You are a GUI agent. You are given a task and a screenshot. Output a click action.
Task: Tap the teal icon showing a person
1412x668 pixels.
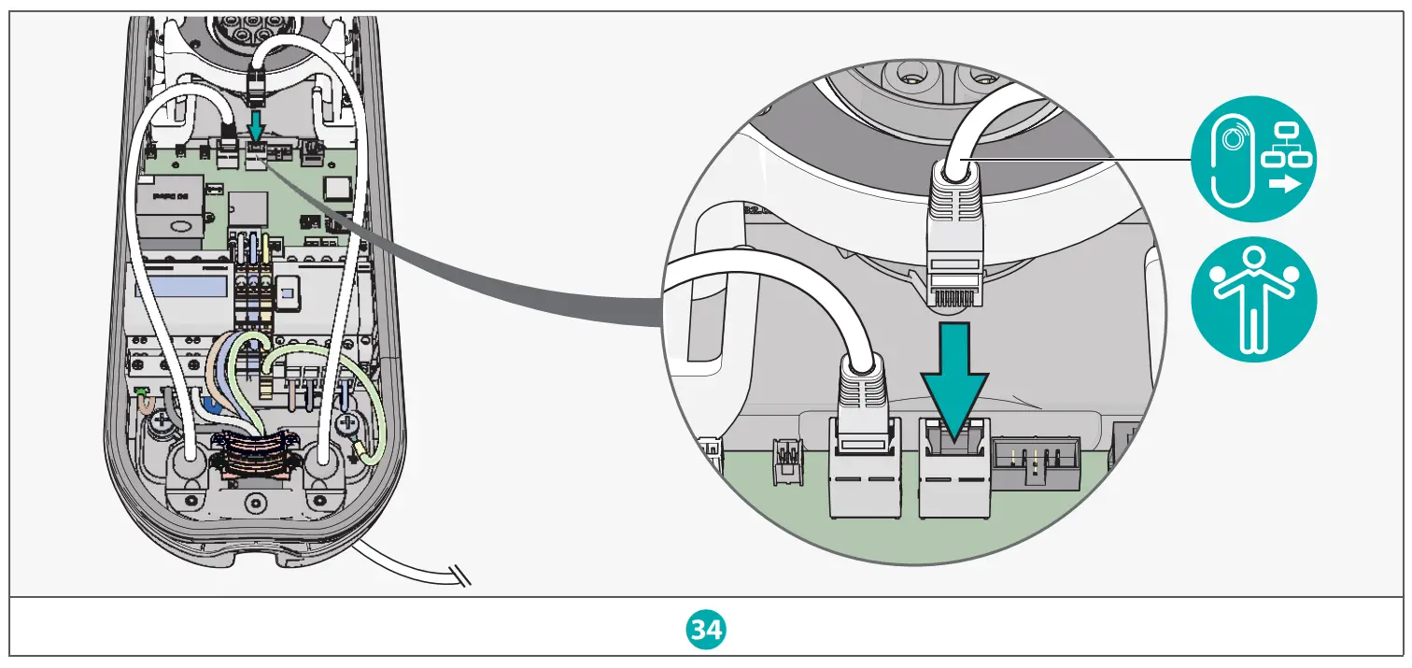[x=1254, y=299]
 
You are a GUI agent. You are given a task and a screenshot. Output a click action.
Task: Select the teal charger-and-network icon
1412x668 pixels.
[x=1254, y=160]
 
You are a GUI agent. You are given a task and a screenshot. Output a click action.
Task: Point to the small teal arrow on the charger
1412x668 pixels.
[x=256, y=126]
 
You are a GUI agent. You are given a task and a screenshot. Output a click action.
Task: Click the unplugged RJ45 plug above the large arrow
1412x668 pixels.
[x=953, y=238]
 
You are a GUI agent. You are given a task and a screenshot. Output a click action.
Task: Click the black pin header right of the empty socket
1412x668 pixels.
[x=1035, y=462]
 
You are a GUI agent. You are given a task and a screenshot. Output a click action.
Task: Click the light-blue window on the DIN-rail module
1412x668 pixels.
[x=182, y=284]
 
